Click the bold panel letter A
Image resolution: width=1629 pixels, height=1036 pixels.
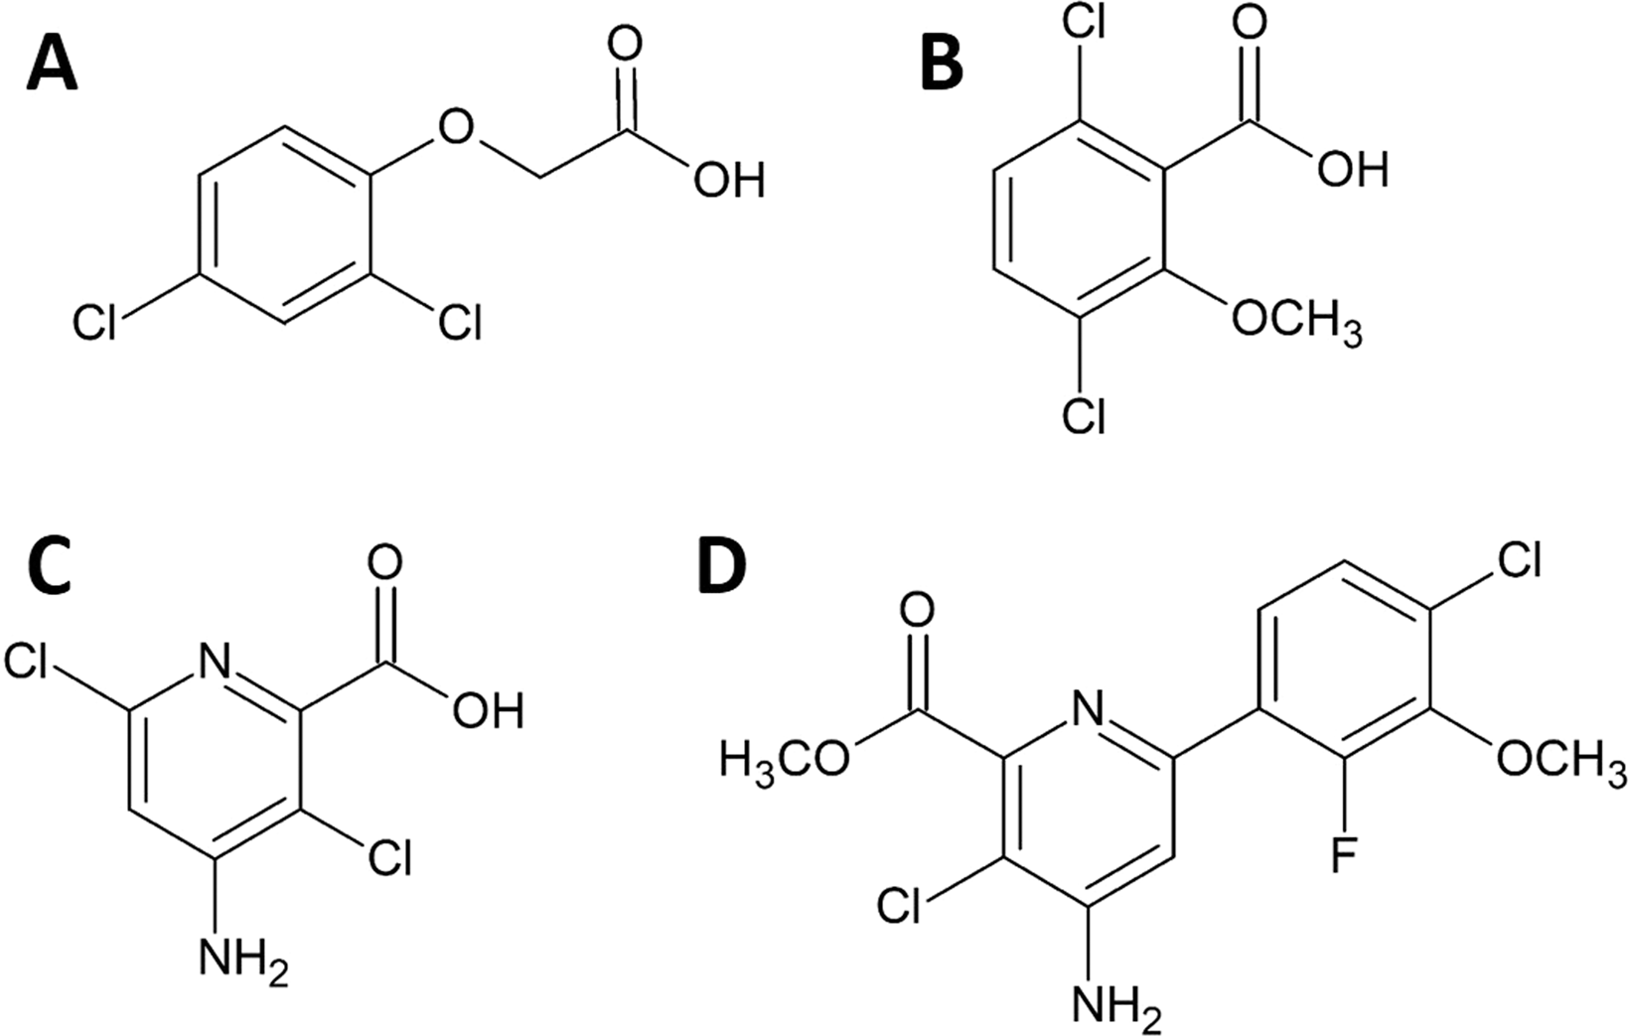(52, 65)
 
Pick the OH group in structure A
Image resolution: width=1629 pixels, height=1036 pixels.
(729, 181)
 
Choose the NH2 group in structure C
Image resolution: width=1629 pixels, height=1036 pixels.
(243, 959)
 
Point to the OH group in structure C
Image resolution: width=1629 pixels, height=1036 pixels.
(487, 710)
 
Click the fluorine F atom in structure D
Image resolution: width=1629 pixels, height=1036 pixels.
(1343, 855)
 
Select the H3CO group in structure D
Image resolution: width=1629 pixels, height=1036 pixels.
(786, 761)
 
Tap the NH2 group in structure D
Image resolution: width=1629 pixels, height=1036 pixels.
(1116, 1006)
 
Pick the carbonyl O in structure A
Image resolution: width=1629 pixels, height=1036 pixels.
(625, 46)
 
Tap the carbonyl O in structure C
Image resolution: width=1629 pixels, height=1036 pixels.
(384, 563)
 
